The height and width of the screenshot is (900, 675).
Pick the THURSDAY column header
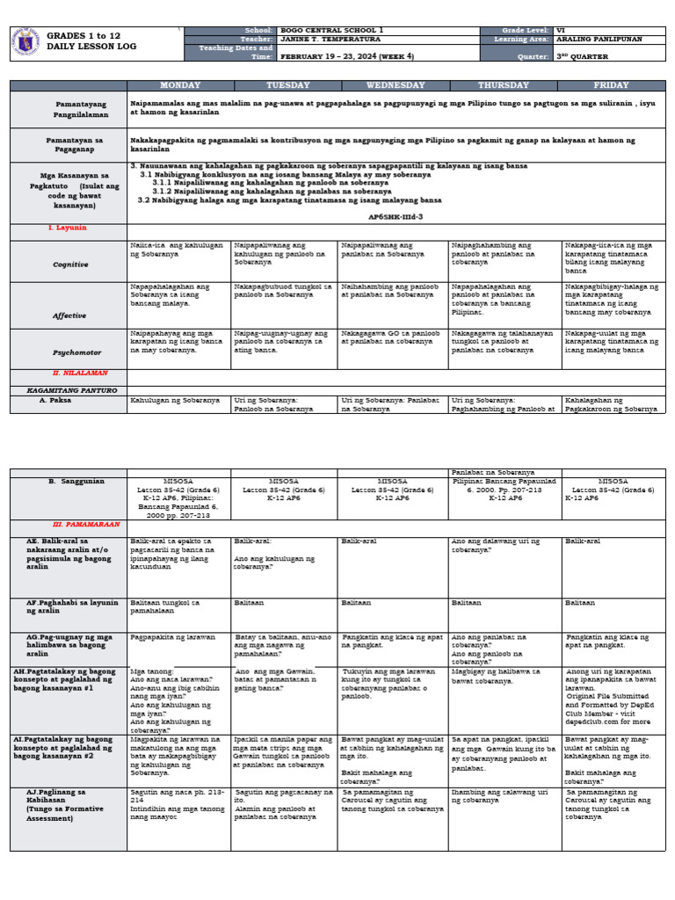click(x=503, y=85)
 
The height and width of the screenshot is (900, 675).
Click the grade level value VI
click(x=558, y=31)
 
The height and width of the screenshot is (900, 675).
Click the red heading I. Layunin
click(x=68, y=228)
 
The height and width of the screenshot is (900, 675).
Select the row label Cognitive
click(x=69, y=264)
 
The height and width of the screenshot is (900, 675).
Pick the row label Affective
click(x=69, y=314)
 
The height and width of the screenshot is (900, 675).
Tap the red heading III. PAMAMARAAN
click(x=86, y=523)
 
